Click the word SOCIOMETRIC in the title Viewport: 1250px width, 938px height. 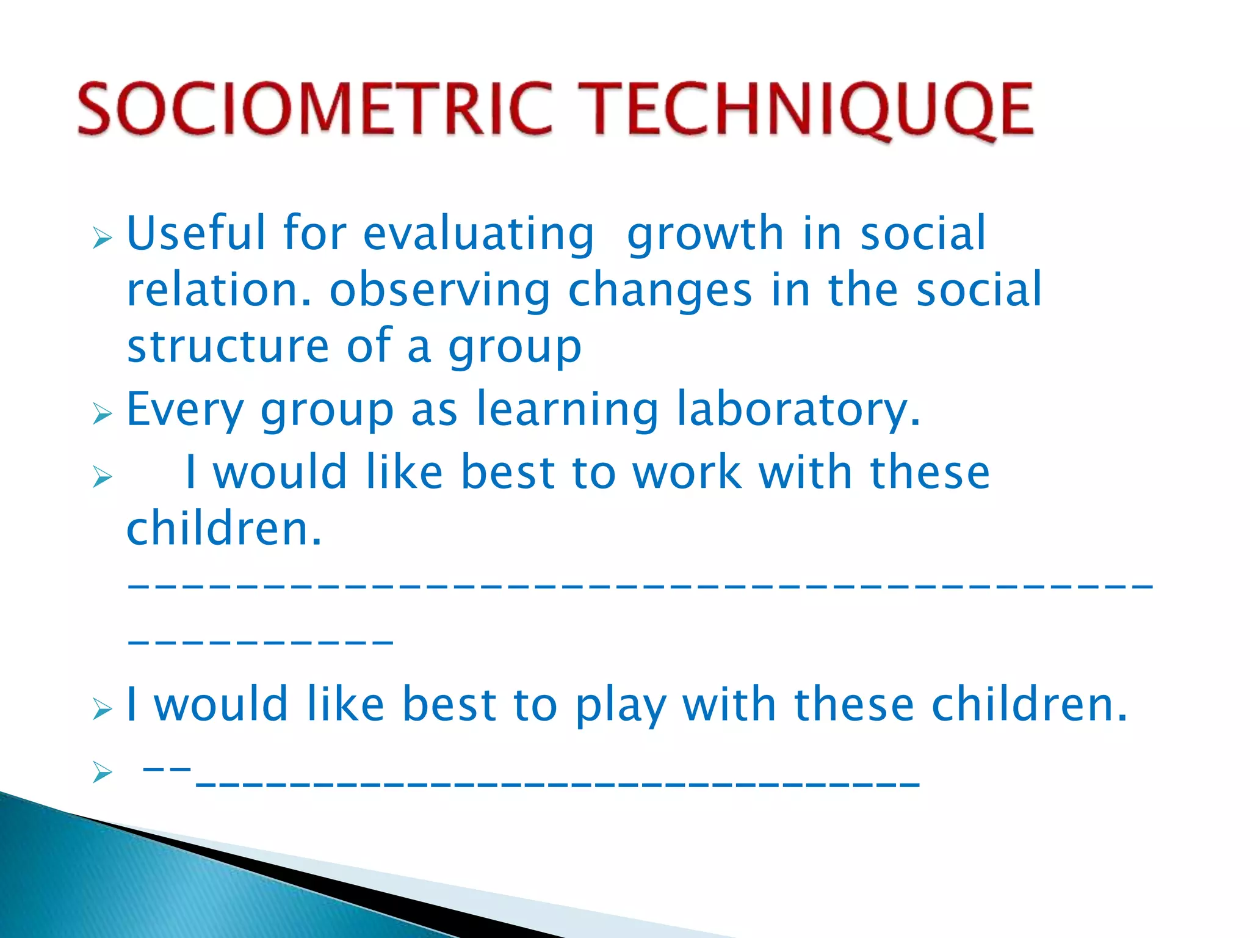click(x=314, y=109)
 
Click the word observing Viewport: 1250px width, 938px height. click(x=440, y=291)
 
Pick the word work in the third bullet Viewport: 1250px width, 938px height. click(x=687, y=473)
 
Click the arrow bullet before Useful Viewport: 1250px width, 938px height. click(x=103, y=238)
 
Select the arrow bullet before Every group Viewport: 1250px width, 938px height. click(x=103, y=415)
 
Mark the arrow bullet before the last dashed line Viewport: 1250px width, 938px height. click(x=103, y=773)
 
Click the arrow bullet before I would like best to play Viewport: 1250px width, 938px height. click(x=103, y=710)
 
